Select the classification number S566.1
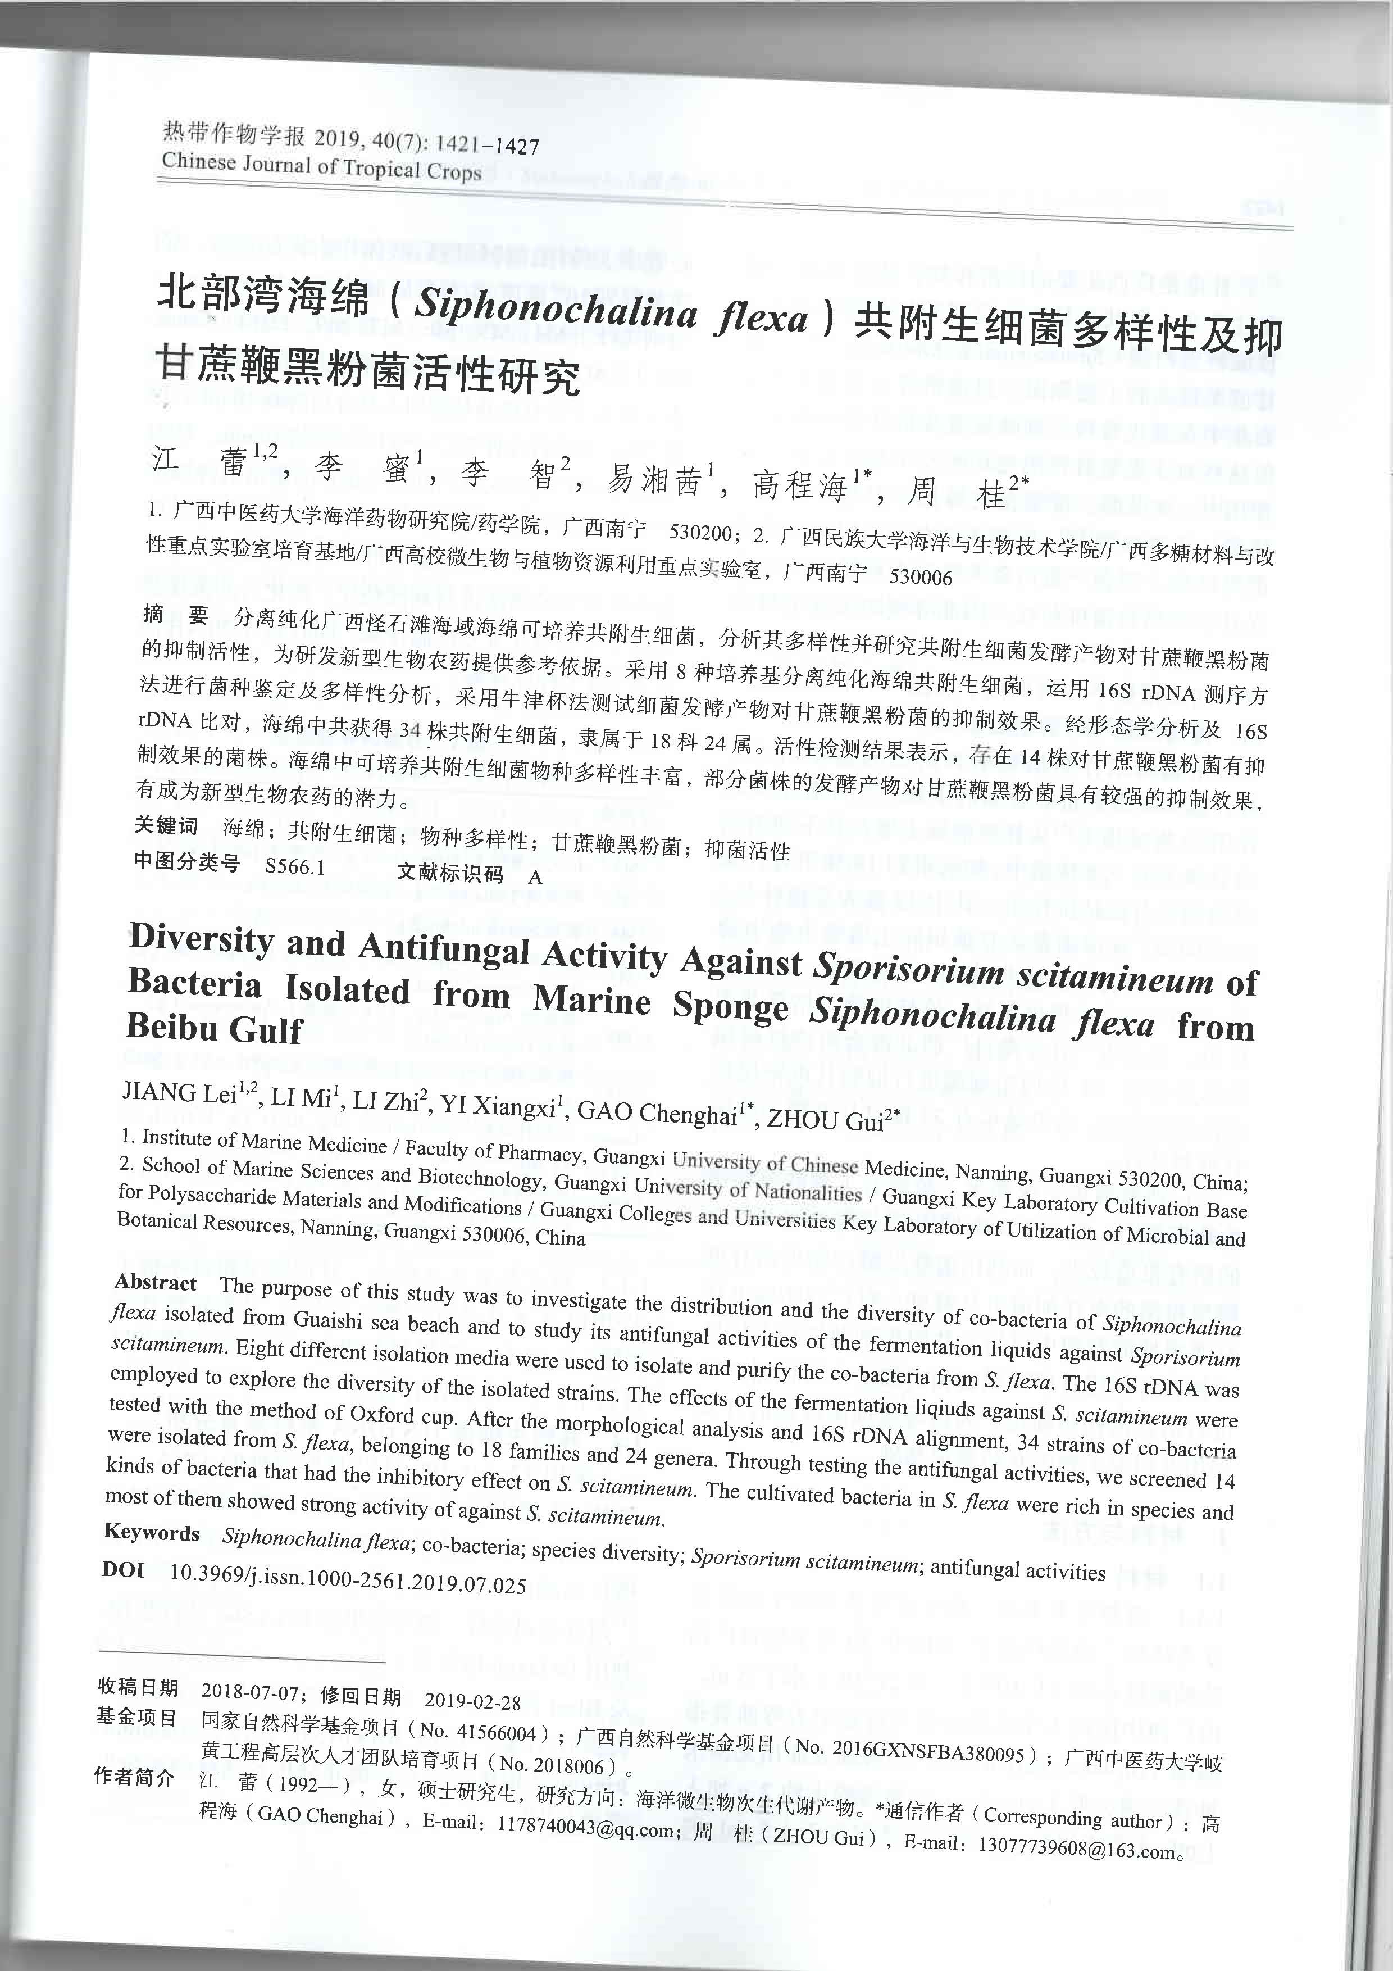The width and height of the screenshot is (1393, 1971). pyautogui.click(x=294, y=866)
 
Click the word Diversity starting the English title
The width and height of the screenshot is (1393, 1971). pyautogui.click(x=201, y=937)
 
